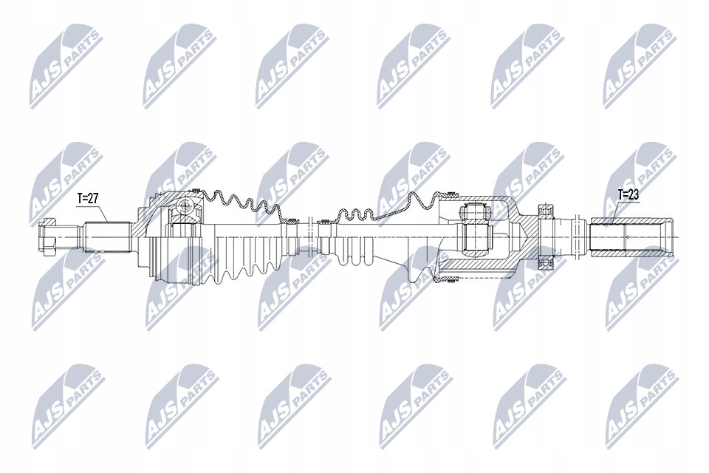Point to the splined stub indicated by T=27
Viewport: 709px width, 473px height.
107,236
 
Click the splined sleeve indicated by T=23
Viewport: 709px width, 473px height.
628,236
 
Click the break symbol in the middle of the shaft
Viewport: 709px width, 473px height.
309,236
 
